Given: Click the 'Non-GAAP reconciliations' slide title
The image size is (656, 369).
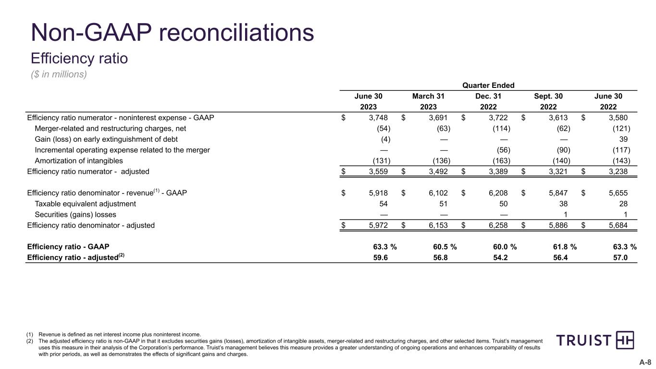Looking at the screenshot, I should coord(173,33).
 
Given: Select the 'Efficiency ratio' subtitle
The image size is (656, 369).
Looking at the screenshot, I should coord(79,59).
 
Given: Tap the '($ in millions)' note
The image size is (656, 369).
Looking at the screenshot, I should coord(59,74).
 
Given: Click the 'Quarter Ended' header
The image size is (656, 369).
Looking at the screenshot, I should coord(488,86).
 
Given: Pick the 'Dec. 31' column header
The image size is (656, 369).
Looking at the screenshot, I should coord(488,97).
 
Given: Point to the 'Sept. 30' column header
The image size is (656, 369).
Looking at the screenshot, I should coord(548,97).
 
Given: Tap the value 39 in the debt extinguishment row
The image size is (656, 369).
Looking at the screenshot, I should coord(626,139).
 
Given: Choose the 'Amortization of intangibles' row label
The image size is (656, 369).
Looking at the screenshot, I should coord(79,160).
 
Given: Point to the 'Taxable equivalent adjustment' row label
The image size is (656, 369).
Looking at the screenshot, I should coord(86,204).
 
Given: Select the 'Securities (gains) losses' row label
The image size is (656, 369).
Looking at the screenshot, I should coord(75,214).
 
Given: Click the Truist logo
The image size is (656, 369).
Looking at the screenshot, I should coord(595,340).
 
